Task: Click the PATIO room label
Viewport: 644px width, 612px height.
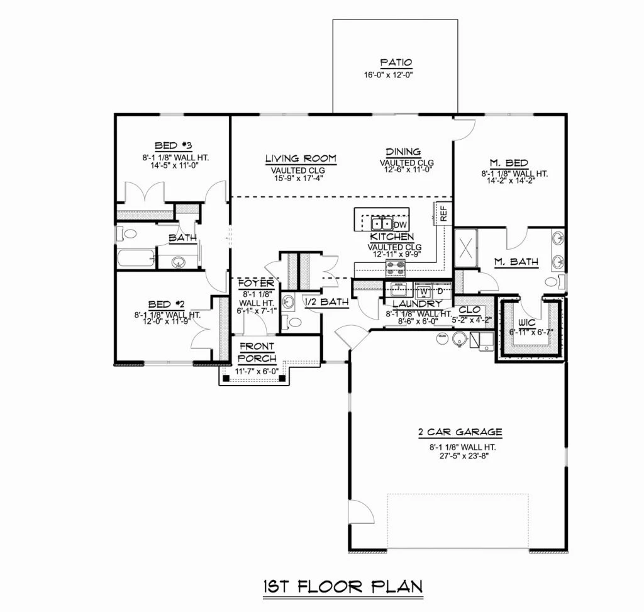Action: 396,63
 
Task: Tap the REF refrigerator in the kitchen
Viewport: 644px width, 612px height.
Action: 443,214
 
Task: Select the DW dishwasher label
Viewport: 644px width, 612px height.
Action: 400,225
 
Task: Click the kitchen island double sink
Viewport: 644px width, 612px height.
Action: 382,224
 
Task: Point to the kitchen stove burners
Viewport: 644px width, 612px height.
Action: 395,268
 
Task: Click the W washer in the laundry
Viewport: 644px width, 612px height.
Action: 425,292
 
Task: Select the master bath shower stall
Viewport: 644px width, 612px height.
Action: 466,248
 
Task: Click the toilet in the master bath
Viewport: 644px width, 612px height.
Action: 555,281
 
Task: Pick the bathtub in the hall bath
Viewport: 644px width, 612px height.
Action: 136,258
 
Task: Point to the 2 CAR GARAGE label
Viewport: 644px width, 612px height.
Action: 460,432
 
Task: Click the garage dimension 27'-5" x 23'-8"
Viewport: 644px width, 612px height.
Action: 464,455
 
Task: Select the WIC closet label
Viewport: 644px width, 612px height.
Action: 526,323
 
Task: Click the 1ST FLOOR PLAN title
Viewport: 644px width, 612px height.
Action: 343,587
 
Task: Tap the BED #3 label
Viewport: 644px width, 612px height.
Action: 174,146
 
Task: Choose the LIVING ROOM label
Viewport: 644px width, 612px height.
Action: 301,159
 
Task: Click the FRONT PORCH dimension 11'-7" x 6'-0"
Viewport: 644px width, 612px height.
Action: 257,371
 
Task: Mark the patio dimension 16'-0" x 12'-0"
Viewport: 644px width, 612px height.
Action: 388,75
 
